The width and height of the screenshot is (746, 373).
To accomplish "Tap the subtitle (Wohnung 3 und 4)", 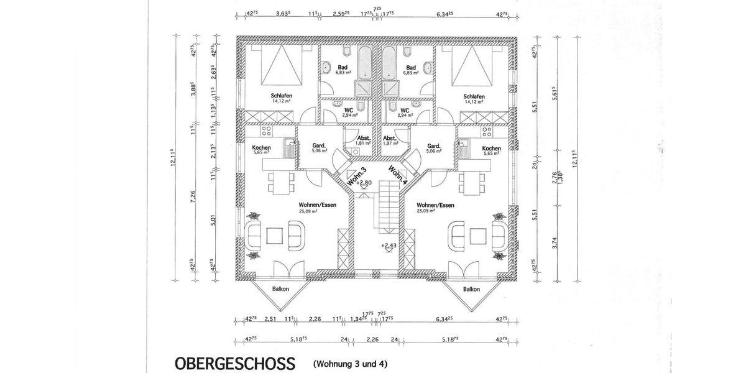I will pos(351,363).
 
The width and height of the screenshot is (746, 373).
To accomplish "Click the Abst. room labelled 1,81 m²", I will pos(363,140).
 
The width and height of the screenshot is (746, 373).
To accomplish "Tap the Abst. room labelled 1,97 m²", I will pos(390,140).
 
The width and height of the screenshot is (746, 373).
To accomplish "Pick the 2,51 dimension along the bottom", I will pos(270,320).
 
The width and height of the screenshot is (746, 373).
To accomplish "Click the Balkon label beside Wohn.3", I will pos(281,289).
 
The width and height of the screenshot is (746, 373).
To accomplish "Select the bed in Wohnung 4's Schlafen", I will pos(474,66).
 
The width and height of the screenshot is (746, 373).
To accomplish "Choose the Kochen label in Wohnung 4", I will pos(491,149).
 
